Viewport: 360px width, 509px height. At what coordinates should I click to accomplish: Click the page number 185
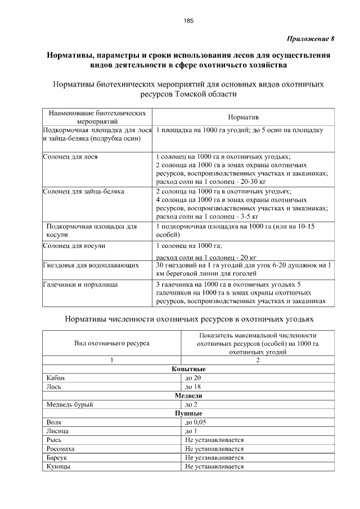click(188, 21)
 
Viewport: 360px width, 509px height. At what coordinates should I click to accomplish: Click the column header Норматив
click(243, 117)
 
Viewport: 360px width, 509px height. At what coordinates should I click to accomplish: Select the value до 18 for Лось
click(193, 387)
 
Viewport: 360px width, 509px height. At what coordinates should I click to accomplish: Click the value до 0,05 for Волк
click(196, 422)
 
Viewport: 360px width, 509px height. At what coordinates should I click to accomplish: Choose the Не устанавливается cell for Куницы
click(214, 466)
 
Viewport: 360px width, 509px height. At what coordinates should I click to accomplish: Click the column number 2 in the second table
click(258, 360)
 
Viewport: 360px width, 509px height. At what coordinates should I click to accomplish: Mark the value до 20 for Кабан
click(193, 378)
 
